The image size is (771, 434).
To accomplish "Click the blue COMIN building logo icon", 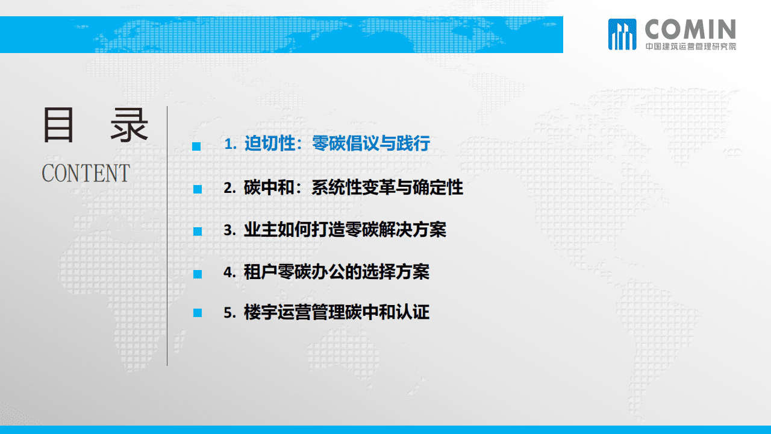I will tap(622, 34).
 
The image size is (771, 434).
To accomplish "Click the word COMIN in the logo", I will tap(690, 29).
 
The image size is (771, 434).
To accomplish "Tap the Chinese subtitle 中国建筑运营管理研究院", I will tap(690, 46).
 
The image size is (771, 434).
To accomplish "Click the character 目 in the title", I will tap(58, 125).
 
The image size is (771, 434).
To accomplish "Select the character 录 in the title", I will tap(129, 125).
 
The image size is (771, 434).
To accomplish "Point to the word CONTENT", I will tap(86, 174).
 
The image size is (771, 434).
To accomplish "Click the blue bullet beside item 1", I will tap(196, 146).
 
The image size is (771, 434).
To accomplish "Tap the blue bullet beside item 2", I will tap(196, 189).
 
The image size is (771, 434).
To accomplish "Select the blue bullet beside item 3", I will tap(196, 231).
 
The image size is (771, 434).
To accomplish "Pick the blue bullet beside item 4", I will tap(196, 274).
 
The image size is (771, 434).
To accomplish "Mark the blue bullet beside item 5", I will tap(196, 313).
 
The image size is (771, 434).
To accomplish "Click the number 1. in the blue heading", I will tap(231, 145).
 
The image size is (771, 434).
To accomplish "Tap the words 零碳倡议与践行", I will tap(370, 144).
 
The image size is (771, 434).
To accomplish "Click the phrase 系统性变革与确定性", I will tap(387, 187).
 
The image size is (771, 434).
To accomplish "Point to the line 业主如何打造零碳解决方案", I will tap(345, 230).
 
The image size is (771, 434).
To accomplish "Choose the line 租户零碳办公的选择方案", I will tap(337, 272).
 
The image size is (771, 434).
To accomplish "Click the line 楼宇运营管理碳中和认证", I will tap(337, 313).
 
